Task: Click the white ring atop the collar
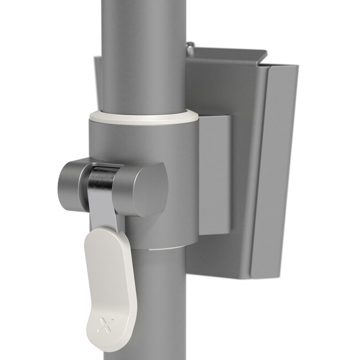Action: tap(143, 116)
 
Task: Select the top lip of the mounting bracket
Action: tap(227, 55)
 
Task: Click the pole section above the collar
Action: tap(143, 55)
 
